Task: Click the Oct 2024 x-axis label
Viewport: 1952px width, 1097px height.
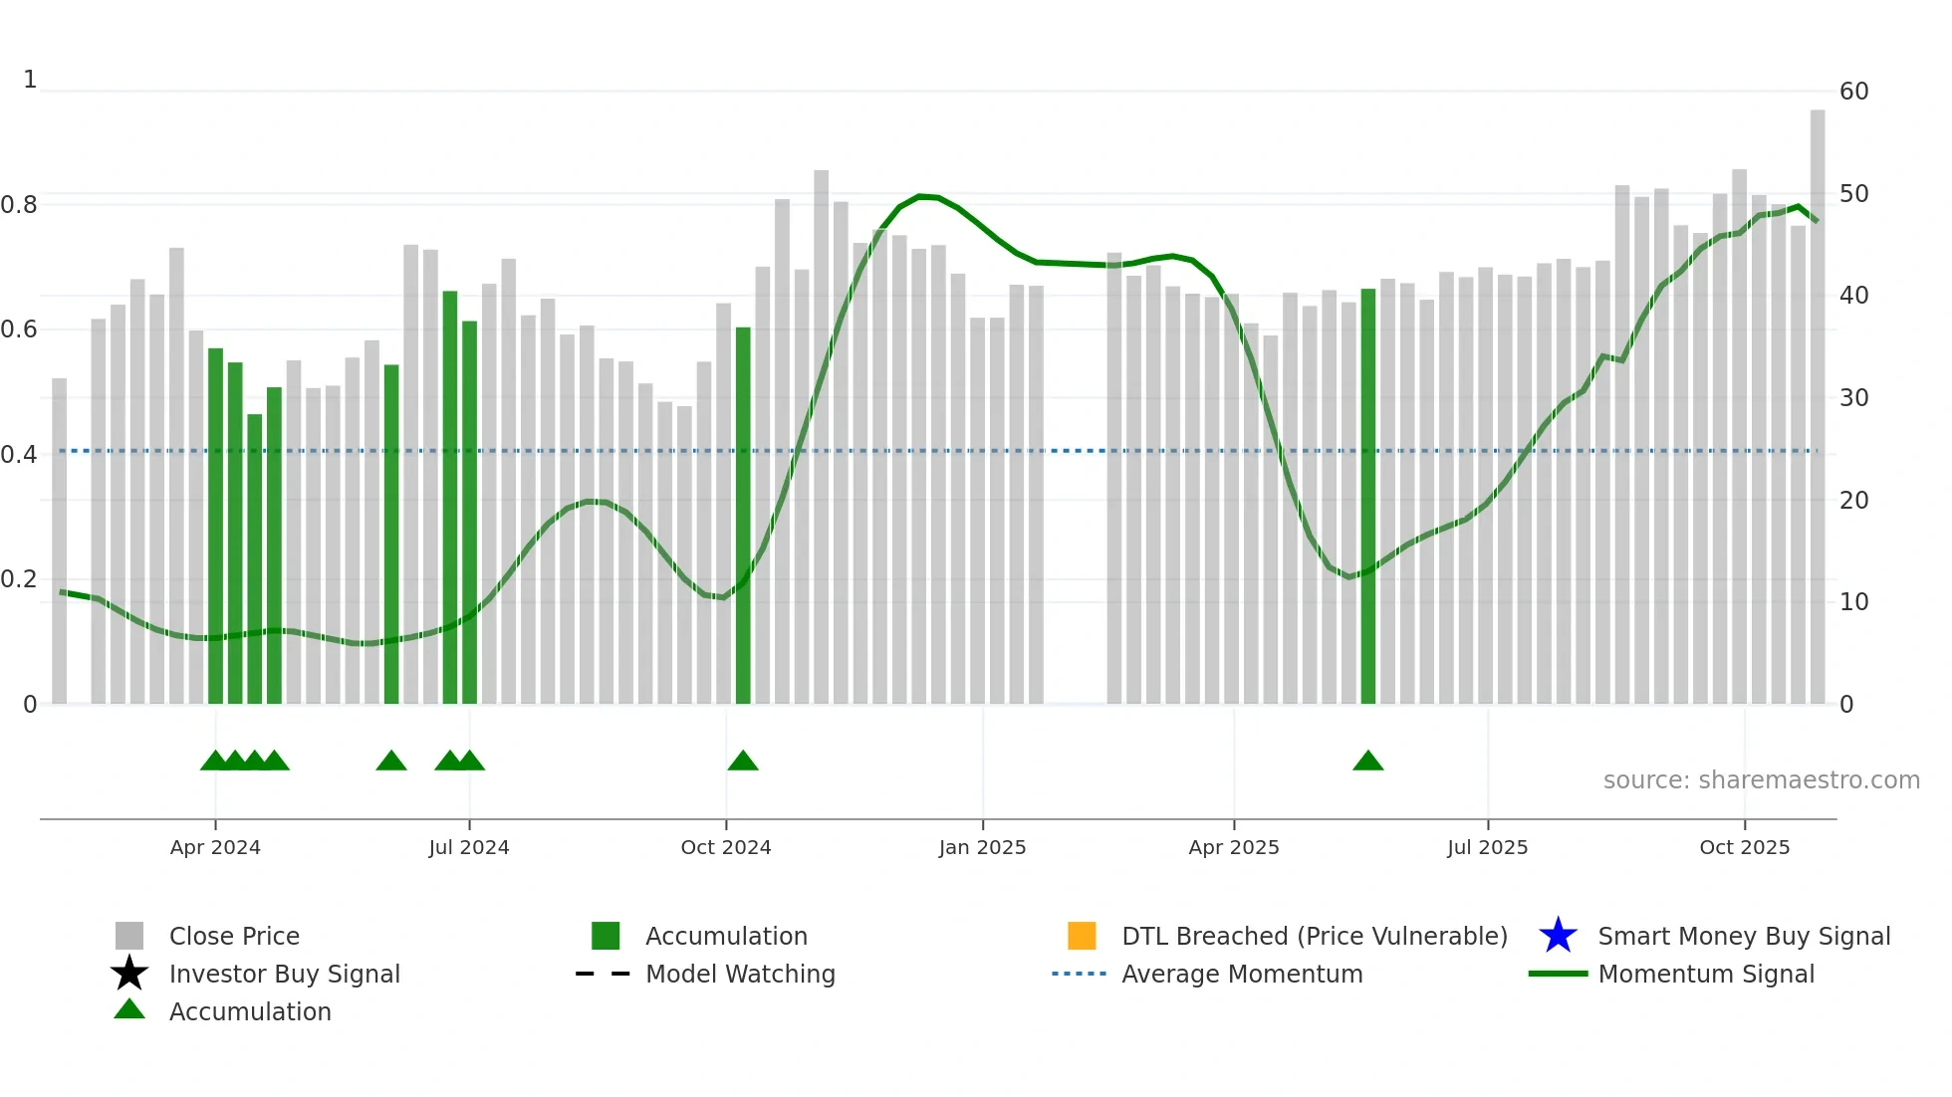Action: point(725,847)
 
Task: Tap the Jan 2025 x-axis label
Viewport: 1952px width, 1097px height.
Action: point(982,847)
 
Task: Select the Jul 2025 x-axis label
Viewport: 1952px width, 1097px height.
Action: point(1487,847)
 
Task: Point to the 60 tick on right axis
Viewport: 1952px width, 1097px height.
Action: point(1853,92)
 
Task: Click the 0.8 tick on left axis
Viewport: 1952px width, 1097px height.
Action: point(19,205)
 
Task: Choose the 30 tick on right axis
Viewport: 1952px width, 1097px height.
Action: point(1853,398)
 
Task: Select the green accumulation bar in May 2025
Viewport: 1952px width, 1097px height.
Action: point(1368,498)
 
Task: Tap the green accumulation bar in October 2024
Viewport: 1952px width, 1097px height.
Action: point(743,518)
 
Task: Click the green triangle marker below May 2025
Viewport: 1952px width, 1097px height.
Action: point(1368,762)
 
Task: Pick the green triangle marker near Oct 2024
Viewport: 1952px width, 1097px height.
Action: point(743,762)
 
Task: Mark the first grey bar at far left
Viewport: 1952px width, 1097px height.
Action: point(60,543)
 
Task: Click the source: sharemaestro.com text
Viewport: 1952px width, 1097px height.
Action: point(1761,780)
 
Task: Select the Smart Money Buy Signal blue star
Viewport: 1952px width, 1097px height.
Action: point(1558,936)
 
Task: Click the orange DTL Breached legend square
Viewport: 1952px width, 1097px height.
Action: point(1082,936)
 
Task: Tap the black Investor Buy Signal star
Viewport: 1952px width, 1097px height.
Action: point(129,974)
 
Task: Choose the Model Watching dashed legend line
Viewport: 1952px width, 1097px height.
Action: point(604,974)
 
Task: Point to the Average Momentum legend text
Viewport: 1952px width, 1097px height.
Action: point(1242,974)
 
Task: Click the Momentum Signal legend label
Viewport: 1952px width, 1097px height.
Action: point(1706,974)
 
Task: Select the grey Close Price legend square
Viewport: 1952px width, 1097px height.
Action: point(129,936)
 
